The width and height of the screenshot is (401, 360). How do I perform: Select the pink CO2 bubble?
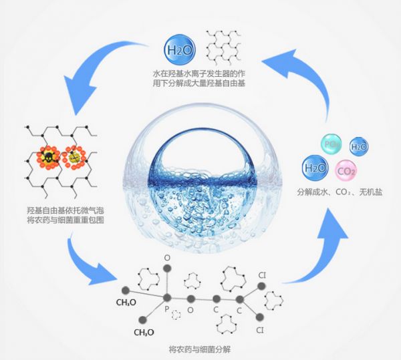click(x=346, y=170)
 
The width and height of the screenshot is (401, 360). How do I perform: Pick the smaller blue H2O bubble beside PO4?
click(x=359, y=146)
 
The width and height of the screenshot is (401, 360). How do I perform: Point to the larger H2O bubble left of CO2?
click(x=316, y=167)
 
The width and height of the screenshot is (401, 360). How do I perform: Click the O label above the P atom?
click(x=168, y=256)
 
